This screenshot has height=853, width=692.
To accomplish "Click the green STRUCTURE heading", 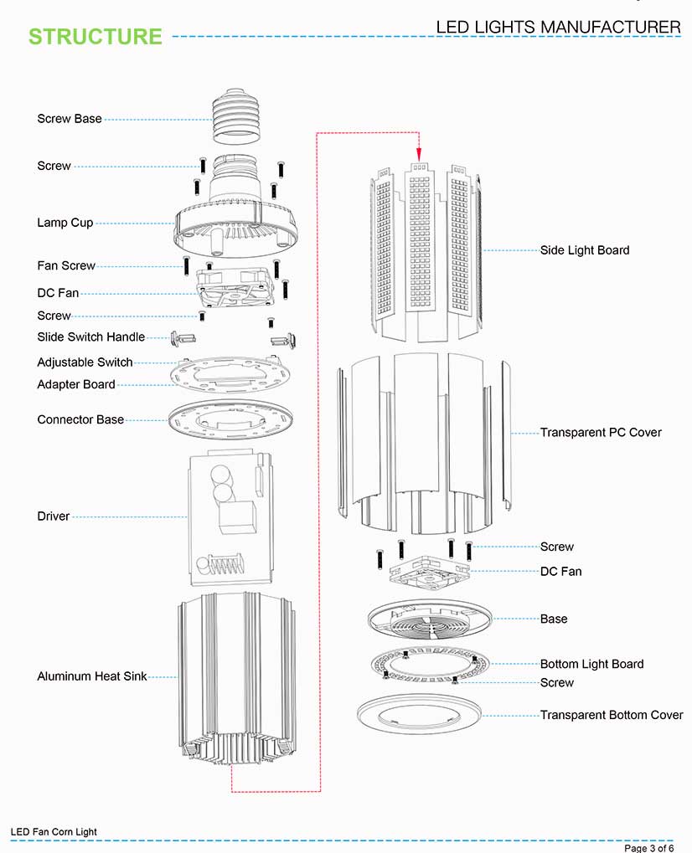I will click(x=95, y=37).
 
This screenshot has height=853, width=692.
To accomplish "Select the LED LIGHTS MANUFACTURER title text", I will click(x=558, y=27).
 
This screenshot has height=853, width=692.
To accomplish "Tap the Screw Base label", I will click(x=70, y=119).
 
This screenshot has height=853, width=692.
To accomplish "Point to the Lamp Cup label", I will click(x=65, y=223).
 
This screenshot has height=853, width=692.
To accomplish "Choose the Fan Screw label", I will click(x=66, y=265).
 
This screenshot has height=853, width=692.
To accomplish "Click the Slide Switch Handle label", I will click(x=90, y=337).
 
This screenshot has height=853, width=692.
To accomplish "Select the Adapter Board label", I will click(x=76, y=384).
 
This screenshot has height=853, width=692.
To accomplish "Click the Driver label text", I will click(x=54, y=516).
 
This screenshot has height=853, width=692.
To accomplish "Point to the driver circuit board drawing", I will click(x=231, y=519).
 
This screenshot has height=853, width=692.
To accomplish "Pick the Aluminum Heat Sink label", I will click(x=91, y=676).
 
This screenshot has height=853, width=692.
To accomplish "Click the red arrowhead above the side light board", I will click(x=418, y=153).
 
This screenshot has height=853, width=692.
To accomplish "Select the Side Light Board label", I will click(x=584, y=249).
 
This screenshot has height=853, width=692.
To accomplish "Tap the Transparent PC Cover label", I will click(x=600, y=432).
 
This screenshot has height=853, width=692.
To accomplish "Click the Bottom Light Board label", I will click(x=591, y=664).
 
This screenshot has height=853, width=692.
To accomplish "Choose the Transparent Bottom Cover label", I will click(x=611, y=715).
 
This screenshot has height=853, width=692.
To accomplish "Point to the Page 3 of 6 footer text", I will click(x=649, y=848).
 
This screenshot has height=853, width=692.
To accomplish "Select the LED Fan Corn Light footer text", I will click(x=54, y=832).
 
